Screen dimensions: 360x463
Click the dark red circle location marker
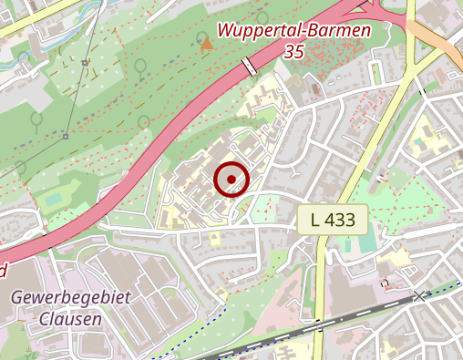click(231, 179)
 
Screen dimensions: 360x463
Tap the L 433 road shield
click(333, 219)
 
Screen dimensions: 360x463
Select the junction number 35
click(293, 53)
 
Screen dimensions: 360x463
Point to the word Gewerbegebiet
click(71, 298)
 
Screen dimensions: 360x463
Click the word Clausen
click(70, 319)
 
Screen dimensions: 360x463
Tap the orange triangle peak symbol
click(207, 43)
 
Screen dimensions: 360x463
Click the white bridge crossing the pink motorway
click(249, 67)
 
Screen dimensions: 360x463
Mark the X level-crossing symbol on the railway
click(419, 296)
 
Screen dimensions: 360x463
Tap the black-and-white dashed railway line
click(273, 337)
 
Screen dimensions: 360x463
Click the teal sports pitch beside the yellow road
click(366, 244)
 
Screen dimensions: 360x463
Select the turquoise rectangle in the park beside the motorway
click(54, 198)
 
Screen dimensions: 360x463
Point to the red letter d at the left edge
click(3, 270)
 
